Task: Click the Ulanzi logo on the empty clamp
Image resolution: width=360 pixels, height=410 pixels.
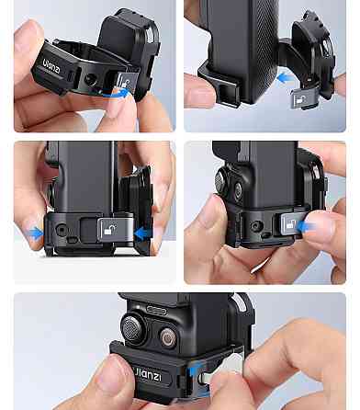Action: [x=51, y=66]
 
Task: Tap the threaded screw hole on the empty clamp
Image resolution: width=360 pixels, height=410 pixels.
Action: [x=90, y=80]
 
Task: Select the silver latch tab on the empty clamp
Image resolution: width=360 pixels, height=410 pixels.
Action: [x=126, y=82]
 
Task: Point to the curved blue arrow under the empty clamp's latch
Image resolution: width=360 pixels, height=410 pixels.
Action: [x=118, y=94]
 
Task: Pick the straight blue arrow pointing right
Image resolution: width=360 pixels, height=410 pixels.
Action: [x=34, y=233]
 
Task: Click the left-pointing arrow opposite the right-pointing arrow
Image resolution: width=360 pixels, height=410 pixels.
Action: [x=143, y=233]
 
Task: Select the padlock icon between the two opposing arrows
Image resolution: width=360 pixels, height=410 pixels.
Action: [x=110, y=229]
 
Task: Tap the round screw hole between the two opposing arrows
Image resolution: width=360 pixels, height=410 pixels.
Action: [x=62, y=229]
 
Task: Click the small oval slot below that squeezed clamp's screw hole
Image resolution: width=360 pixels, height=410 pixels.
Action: [x=73, y=240]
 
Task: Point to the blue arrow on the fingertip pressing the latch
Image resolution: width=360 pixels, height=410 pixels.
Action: [x=306, y=227]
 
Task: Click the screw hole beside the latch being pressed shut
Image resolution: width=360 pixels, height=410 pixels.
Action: [x=256, y=226]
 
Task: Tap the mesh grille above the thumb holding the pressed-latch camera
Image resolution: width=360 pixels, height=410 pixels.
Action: [x=221, y=182]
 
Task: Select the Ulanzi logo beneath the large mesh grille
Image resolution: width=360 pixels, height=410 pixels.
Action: [x=149, y=375]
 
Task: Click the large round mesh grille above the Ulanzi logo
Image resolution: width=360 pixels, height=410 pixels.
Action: [x=133, y=329]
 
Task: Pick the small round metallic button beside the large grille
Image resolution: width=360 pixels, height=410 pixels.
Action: [x=168, y=338]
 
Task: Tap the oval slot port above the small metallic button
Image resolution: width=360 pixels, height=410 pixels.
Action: [x=156, y=311]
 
